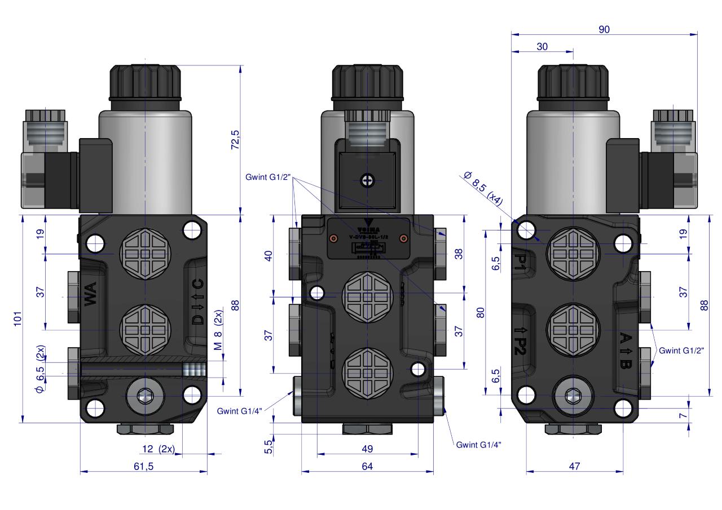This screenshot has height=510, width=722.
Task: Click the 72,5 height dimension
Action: click(x=235, y=140)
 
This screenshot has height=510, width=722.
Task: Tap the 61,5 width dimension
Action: click(x=143, y=466)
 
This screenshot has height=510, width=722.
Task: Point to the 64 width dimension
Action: click(x=367, y=466)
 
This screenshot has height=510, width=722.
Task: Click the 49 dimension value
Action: click(x=367, y=449)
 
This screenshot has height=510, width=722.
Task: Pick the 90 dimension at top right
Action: click(x=604, y=29)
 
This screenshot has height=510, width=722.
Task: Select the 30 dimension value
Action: click(x=542, y=47)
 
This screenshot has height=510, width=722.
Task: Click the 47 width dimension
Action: click(x=574, y=466)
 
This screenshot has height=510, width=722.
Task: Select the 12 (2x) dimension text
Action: click(x=158, y=449)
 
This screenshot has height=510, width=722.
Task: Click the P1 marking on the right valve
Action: click(x=522, y=260)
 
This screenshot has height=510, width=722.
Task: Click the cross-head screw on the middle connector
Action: click(x=367, y=180)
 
